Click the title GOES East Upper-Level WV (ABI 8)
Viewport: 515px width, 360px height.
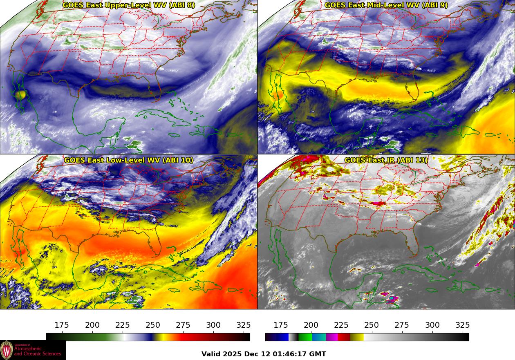[x=129, y=5]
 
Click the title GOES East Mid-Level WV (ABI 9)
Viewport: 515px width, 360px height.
[x=386, y=5]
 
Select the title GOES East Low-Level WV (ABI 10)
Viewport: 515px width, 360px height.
[x=129, y=160]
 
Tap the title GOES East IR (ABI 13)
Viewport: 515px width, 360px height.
[x=386, y=160]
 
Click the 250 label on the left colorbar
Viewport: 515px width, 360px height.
[x=153, y=325]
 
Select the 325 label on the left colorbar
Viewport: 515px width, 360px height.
[x=244, y=325]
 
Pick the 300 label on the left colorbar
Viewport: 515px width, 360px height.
[x=213, y=325]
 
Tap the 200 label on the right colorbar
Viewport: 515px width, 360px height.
[x=311, y=325]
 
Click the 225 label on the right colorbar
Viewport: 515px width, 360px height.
[x=341, y=325]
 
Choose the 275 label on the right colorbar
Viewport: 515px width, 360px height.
[x=402, y=325]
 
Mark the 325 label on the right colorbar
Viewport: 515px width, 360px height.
[x=462, y=325]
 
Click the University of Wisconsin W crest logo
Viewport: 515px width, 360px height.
[x=7, y=350]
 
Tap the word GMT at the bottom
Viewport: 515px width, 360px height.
[x=318, y=354]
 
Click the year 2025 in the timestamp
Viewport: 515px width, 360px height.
[x=234, y=354]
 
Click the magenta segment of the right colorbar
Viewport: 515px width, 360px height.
[x=332, y=337]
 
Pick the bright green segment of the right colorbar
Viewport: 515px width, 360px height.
[x=305, y=337]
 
